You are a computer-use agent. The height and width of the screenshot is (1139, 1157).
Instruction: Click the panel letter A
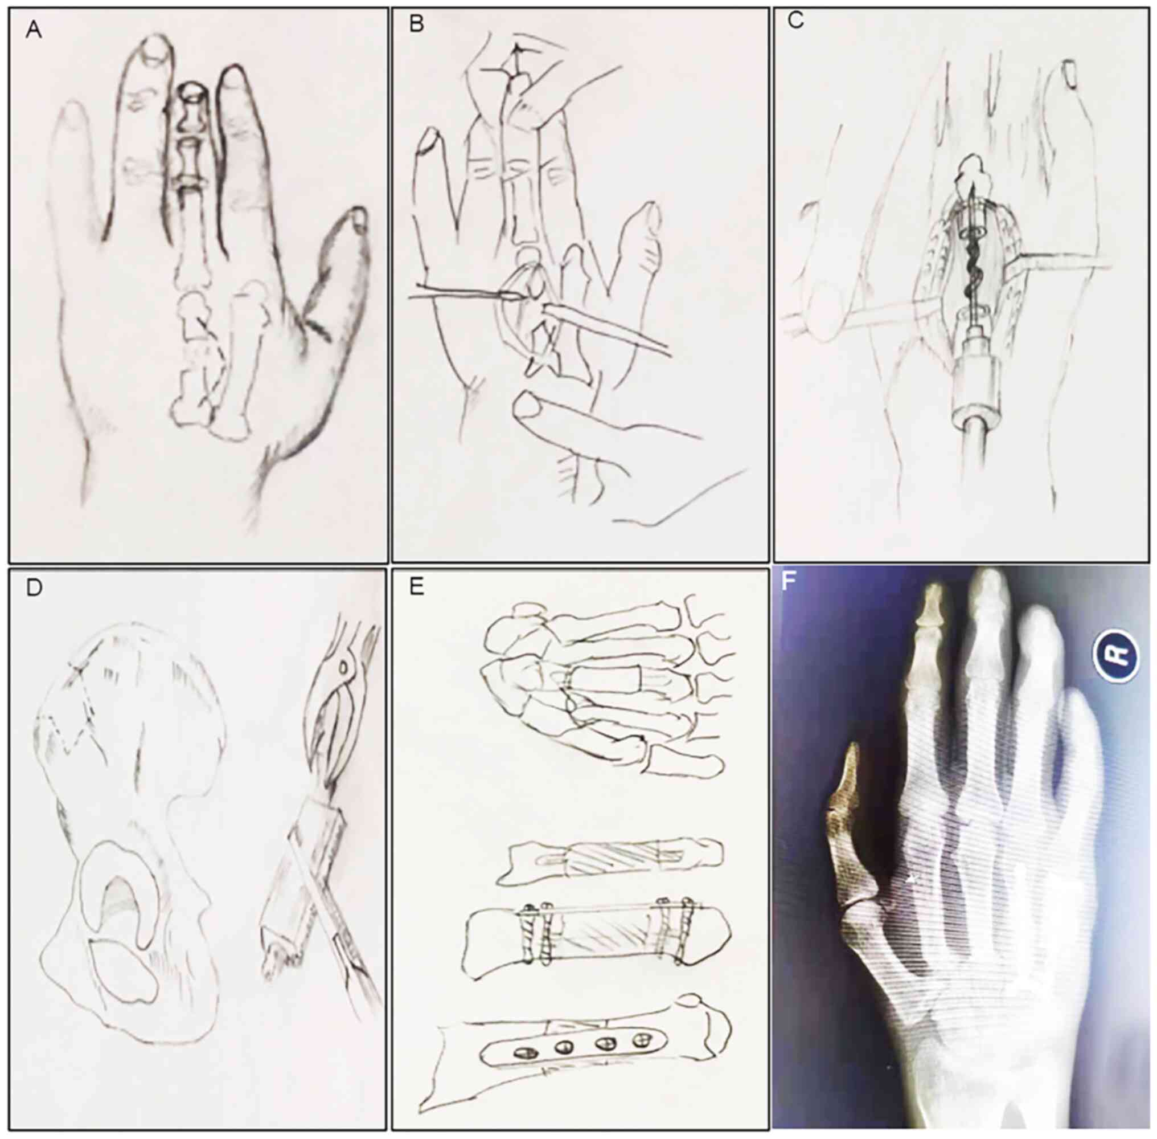pos(34,30)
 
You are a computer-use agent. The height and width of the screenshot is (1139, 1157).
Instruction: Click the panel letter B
pos(417,25)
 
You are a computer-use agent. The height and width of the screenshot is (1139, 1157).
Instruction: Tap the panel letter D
pos(34,587)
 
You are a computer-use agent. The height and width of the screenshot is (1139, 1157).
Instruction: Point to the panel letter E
pos(416,587)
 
